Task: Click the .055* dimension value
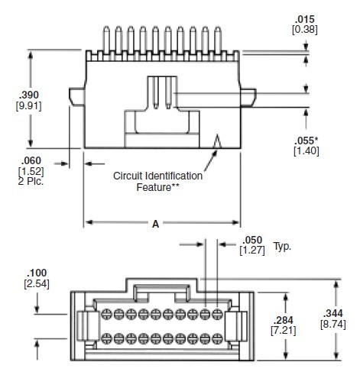click(x=307, y=141)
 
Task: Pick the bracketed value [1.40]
click(x=307, y=151)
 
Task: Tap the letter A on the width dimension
click(x=156, y=224)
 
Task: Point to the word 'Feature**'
click(x=157, y=186)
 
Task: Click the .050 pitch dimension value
click(x=252, y=239)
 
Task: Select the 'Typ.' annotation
click(x=283, y=247)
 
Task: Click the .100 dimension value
click(x=37, y=273)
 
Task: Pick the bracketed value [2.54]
click(x=37, y=283)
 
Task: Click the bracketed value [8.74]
click(x=333, y=325)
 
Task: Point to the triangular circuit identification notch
click(x=218, y=142)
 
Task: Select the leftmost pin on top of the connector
click(x=104, y=37)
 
